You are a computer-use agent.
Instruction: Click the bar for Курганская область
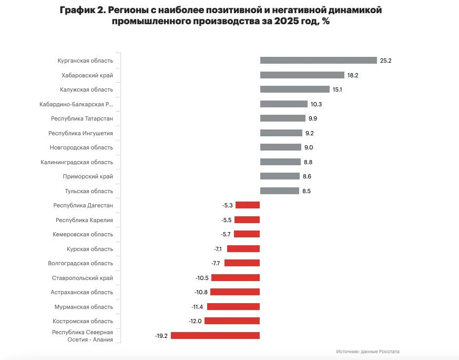pyautogui.click(x=318, y=61)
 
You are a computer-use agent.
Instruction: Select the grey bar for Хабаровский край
pyautogui.click(x=302, y=75)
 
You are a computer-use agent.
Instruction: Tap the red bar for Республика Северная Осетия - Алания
pyautogui.click(x=215, y=335)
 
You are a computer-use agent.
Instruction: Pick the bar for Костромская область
pyautogui.click(x=232, y=321)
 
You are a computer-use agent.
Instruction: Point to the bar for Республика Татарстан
pyautogui.click(x=282, y=118)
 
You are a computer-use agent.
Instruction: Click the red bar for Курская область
pyautogui.click(x=243, y=248)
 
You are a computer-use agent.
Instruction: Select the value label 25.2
pyautogui.click(x=386, y=61)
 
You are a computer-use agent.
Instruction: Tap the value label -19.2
pyautogui.click(x=161, y=335)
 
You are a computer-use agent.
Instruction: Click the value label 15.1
pyautogui.click(x=338, y=89)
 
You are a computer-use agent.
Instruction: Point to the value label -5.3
pyautogui.click(x=227, y=205)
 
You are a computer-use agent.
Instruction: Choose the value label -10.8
pyautogui.click(x=201, y=292)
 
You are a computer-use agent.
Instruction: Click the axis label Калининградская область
pyautogui.click(x=77, y=162)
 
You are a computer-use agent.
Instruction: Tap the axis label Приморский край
pyautogui.click(x=88, y=176)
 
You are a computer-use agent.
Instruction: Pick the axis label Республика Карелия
pyautogui.click(x=84, y=220)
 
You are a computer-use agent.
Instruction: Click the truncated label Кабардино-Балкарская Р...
pyautogui.click(x=76, y=104)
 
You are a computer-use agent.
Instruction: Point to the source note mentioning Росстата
pyautogui.click(x=371, y=351)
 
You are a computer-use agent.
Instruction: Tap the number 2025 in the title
pyautogui.click(x=287, y=22)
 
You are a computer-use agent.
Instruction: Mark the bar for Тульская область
pyautogui.click(x=279, y=191)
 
